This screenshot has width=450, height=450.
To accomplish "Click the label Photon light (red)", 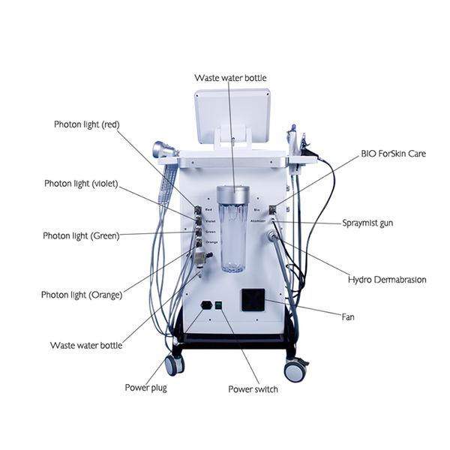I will click(x=86, y=124).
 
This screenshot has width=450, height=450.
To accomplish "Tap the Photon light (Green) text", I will click(x=80, y=236).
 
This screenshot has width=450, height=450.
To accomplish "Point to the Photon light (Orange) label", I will click(x=81, y=295).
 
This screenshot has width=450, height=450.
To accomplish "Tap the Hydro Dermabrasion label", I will click(x=387, y=280).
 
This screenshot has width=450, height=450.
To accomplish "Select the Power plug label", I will click(x=145, y=388).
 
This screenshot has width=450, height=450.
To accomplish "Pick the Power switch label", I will click(x=253, y=389).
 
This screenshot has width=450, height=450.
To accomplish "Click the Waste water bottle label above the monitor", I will click(x=230, y=77).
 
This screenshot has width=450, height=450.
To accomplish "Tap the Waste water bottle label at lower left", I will click(x=85, y=346).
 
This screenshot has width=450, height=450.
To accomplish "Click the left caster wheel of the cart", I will click(x=175, y=364).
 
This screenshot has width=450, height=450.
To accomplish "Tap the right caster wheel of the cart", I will click(x=296, y=370).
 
